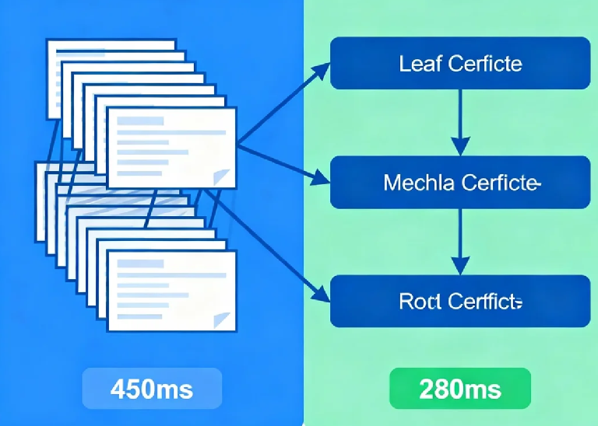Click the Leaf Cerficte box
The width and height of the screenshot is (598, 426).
[460, 64]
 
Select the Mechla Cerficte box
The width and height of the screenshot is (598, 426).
[460, 183]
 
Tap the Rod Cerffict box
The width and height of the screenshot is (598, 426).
[460, 301]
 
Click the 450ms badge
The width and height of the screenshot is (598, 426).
[152, 388]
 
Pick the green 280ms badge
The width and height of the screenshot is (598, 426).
[459, 388]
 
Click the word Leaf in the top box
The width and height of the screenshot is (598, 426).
[416, 64]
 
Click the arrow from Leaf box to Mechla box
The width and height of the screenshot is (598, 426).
[460, 121]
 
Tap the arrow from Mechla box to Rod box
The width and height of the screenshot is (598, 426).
[460, 241]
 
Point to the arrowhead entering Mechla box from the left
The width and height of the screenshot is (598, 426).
[322, 182]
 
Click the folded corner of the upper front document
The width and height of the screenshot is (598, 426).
[225, 177]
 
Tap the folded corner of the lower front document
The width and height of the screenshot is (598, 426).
[224, 319]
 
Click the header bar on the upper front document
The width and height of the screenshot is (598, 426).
[140, 121]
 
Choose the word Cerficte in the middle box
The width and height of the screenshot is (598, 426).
[498, 183]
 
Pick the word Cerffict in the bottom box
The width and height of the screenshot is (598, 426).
[481, 302]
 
